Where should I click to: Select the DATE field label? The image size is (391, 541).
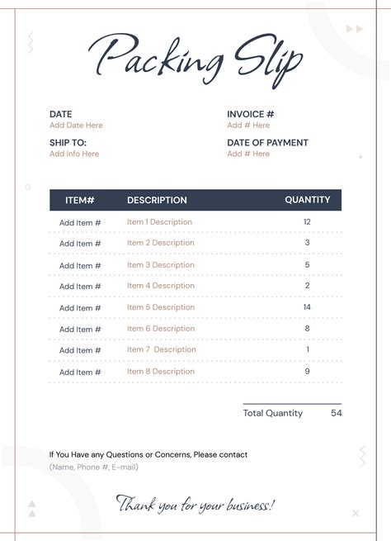tap(60, 114)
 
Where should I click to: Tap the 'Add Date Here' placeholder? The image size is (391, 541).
tap(76, 126)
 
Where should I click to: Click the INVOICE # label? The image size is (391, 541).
tap(250, 114)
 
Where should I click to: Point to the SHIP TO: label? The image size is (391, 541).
tap(68, 142)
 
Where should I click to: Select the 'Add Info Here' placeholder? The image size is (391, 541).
tap(74, 154)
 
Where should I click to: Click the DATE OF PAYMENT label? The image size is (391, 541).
tap(267, 142)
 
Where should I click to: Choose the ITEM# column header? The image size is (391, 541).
tap(80, 200)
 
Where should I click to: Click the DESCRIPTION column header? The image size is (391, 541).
tap(157, 200)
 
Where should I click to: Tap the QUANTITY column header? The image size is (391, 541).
tap(307, 200)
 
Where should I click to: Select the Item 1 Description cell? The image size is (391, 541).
tap(159, 222)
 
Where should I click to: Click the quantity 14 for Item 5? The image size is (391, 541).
tap(307, 307)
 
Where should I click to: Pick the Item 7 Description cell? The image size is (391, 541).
tap(162, 349)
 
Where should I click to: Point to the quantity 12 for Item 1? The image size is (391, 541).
tap(307, 222)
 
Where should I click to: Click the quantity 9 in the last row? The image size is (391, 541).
tap(307, 372)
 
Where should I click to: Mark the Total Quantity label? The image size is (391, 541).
tap(272, 413)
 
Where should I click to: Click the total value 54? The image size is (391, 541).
tap(336, 413)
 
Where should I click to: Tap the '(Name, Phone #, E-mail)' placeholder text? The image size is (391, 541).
tap(93, 467)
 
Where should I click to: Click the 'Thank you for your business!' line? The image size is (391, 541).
tap(195, 504)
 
